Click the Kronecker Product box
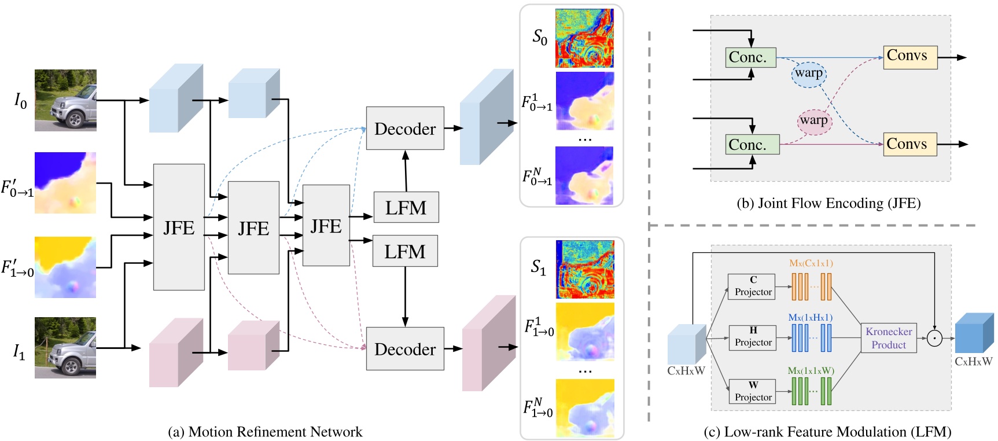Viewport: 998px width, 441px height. click(x=889, y=338)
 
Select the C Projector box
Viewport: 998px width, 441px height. click(x=753, y=286)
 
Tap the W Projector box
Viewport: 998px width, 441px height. click(x=753, y=391)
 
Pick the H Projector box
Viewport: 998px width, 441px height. click(x=753, y=337)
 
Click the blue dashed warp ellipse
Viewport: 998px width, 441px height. click(x=809, y=73)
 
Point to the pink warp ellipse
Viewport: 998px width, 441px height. click(x=814, y=121)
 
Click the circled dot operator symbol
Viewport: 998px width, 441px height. click(x=934, y=338)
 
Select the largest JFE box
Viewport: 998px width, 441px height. click(x=179, y=227)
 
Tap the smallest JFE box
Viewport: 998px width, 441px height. click(x=326, y=225)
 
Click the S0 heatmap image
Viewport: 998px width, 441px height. click(x=584, y=38)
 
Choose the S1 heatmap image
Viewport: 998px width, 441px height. click(x=585, y=269)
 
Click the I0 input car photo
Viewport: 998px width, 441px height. click(x=65, y=100)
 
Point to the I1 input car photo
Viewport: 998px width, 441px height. click(x=65, y=348)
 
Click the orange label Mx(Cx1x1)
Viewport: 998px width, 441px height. click(x=811, y=263)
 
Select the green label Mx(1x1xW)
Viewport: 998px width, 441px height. click(x=811, y=370)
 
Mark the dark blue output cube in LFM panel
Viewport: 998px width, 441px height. click(x=974, y=333)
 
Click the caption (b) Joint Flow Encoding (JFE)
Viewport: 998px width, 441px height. click(x=828, y=203)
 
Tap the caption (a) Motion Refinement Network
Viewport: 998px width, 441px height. click(x=265, y=432)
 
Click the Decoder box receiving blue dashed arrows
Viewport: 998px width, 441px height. click(x=405, y=128)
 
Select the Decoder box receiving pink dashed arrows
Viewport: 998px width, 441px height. click(x=405, y=349)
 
